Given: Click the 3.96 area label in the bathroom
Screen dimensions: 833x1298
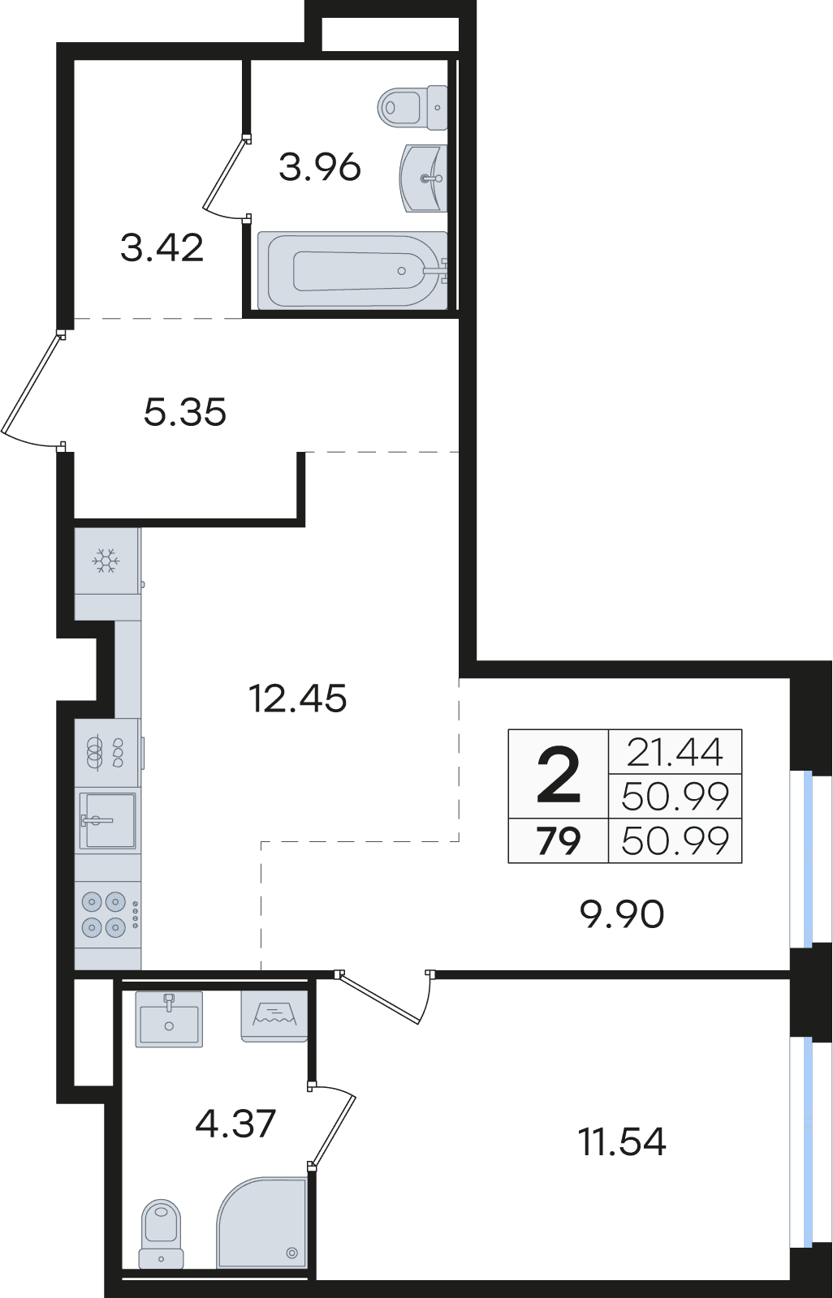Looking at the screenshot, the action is (x=320, y=167).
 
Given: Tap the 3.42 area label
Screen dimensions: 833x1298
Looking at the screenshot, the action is (x=162, y=247).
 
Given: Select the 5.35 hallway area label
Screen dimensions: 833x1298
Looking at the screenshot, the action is (x=184, y=412).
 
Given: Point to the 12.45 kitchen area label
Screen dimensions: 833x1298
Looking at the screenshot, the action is (x=297, y=698).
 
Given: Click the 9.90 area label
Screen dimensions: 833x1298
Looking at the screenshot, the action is (x=622, y=914).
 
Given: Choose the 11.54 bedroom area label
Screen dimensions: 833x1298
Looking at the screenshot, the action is (x=622, y=1141).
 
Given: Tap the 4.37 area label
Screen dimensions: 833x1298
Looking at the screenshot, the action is (x=235, y=1123).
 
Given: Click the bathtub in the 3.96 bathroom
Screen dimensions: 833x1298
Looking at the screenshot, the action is (x=353, y=271).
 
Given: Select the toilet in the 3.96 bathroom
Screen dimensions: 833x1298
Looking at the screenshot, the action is (x=412, y=108).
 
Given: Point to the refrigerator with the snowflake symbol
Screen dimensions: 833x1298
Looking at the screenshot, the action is (x=107, y=561).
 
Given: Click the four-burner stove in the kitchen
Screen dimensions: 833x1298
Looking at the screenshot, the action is (x=107, y=918).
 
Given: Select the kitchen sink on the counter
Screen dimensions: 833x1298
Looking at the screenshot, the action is (x=107, y=820).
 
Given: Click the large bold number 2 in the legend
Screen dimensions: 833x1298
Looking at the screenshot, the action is (x=558, y=774).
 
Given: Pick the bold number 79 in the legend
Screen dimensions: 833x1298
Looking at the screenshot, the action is (x=558, y=840).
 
